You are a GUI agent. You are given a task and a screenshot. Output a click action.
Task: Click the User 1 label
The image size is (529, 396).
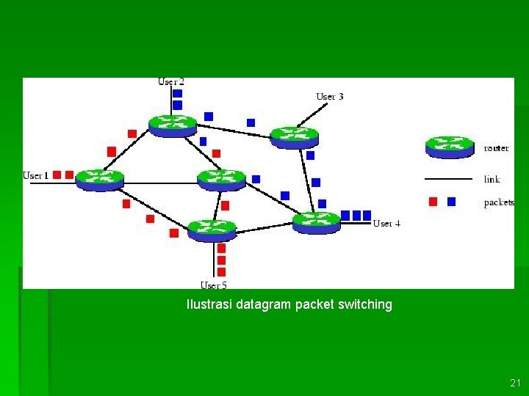(35, 175)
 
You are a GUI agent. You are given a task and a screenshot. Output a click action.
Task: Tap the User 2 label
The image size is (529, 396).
(171, 81)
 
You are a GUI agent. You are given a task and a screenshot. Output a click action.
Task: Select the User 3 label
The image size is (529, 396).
(330, 96)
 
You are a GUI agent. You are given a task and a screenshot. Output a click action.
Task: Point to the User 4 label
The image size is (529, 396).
(386, 223)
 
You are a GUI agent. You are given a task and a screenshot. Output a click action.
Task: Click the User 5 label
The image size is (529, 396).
(214, 285)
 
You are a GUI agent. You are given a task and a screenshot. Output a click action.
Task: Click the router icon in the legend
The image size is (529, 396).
(450, 147)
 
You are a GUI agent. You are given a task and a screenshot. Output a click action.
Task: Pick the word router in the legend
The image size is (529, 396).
(496, 148)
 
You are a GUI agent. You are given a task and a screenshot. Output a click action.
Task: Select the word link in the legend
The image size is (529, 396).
(492, 179)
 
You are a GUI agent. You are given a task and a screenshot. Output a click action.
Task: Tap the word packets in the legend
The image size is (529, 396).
(499, 202)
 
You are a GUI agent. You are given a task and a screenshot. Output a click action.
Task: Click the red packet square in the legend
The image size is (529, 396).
(433, 202)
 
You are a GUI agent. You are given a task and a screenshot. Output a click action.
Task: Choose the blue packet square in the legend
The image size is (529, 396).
(451, 202)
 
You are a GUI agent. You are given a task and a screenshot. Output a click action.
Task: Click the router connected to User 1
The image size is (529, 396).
(100, 179)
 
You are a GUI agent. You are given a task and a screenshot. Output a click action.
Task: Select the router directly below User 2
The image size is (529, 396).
(173, 125)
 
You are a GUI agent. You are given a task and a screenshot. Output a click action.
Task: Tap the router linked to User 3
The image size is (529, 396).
(294, 137)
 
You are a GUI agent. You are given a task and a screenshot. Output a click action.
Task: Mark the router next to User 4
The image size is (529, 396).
(317, 221)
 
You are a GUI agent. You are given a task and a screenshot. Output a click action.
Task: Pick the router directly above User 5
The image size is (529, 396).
(212, 230)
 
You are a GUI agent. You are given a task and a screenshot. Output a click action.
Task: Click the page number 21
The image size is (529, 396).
(514, 383)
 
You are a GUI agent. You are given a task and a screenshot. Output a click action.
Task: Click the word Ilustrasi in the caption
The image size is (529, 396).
(210, 304)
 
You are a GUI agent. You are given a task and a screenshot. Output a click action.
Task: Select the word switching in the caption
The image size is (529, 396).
(364, 304)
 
